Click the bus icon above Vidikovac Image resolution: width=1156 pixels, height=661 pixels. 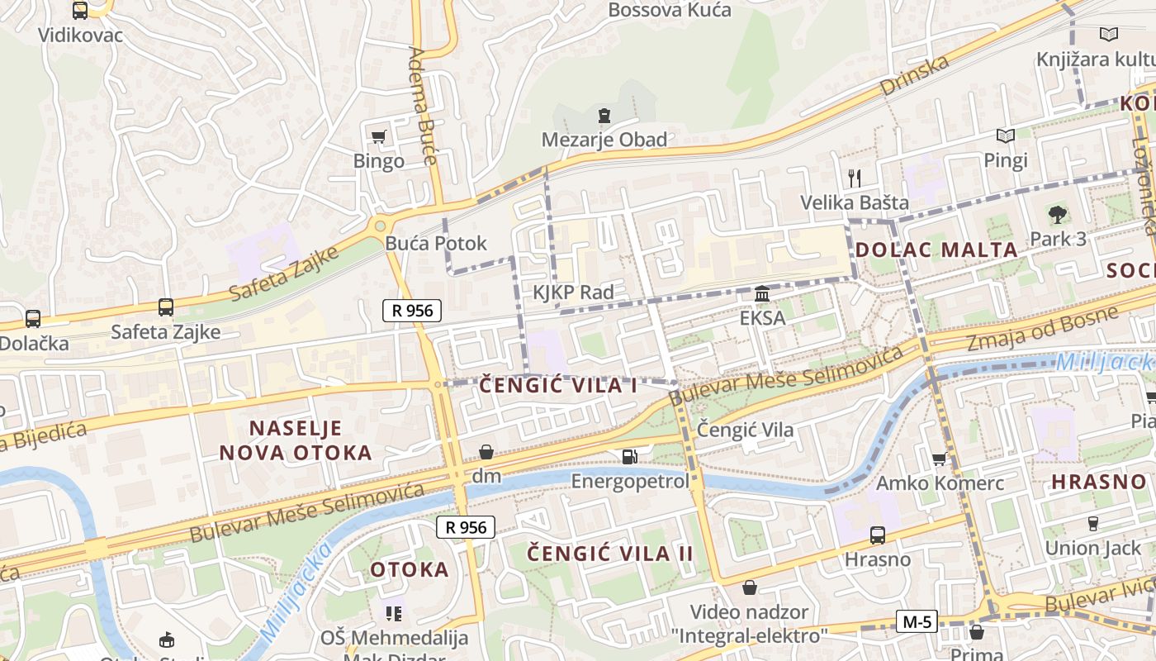80,11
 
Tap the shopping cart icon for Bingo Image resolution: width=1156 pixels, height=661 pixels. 379,136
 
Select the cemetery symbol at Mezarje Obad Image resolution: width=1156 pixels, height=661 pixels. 604,115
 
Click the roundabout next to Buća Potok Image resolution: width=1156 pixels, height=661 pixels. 380,225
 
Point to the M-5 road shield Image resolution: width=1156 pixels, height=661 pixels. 917,621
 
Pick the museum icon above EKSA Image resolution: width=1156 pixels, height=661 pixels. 762,293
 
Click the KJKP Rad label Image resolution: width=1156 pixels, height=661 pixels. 573,292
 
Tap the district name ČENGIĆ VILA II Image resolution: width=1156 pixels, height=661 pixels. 610,553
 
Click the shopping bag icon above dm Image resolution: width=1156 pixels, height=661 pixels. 486,452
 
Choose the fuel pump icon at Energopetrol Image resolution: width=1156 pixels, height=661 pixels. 630,457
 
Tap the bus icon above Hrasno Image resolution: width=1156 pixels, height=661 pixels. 878,535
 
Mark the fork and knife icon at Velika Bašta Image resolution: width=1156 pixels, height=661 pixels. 855,178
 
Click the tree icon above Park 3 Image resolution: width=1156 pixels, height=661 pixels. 1057,215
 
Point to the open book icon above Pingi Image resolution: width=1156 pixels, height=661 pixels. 1005,136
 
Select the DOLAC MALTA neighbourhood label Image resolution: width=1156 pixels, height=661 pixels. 936,250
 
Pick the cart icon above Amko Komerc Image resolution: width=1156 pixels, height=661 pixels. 939,459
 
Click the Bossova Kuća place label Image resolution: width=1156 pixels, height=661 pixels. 670,10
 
